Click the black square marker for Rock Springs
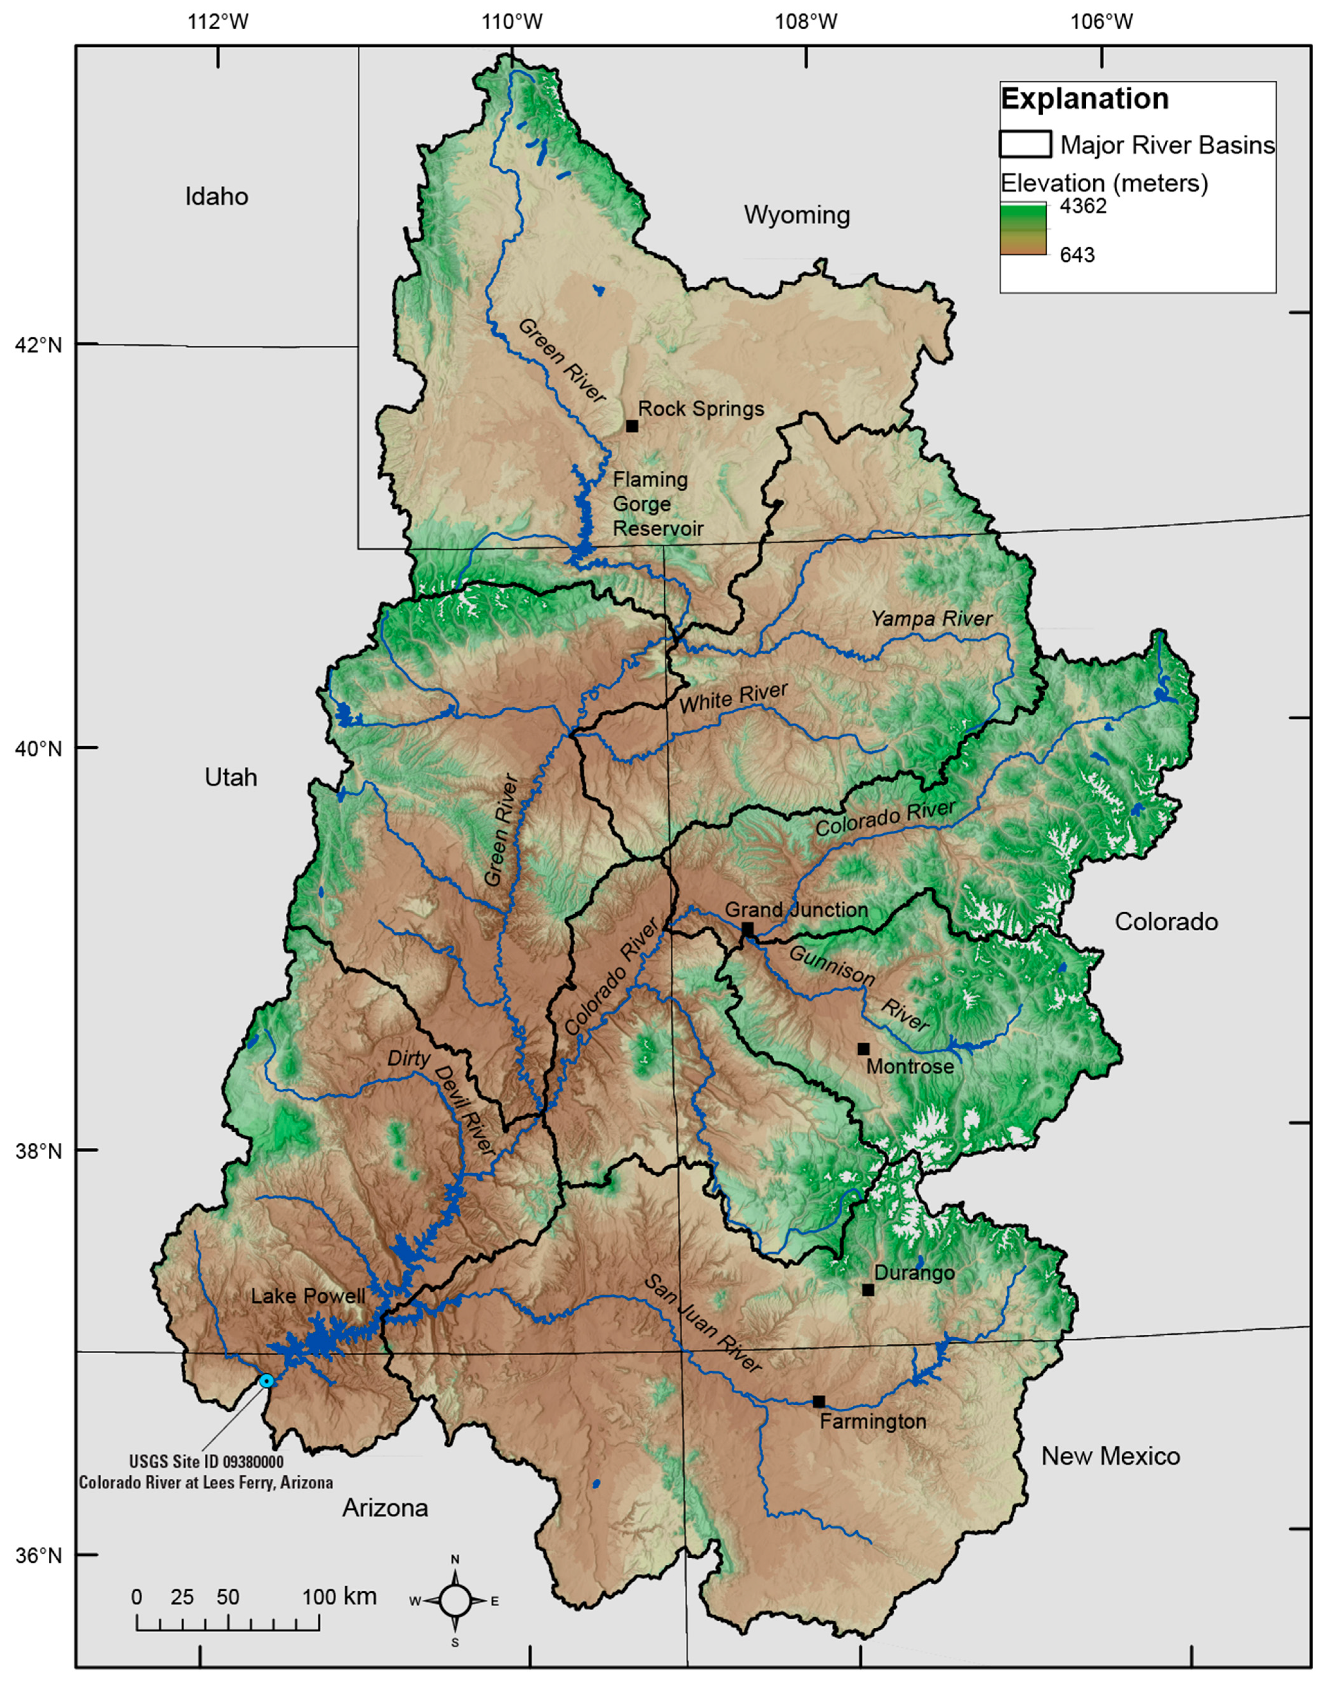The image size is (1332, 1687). pos(632,426)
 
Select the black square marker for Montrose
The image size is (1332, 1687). pos(863,1049)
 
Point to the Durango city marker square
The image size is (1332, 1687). pos(868,1290)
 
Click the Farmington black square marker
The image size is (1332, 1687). pos(818,1402)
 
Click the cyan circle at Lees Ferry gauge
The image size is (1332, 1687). pos(266,1381)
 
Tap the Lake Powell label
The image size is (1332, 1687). pos(308,1296)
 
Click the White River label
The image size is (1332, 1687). pos(733,697)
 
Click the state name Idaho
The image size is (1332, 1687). pos(217,196)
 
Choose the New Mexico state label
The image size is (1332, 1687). pos(1110,1456)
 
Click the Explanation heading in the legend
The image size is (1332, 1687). pos(1084,99)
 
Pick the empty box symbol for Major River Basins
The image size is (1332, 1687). pos(1025,144)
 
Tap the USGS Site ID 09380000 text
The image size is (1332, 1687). pos(206,1462)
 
